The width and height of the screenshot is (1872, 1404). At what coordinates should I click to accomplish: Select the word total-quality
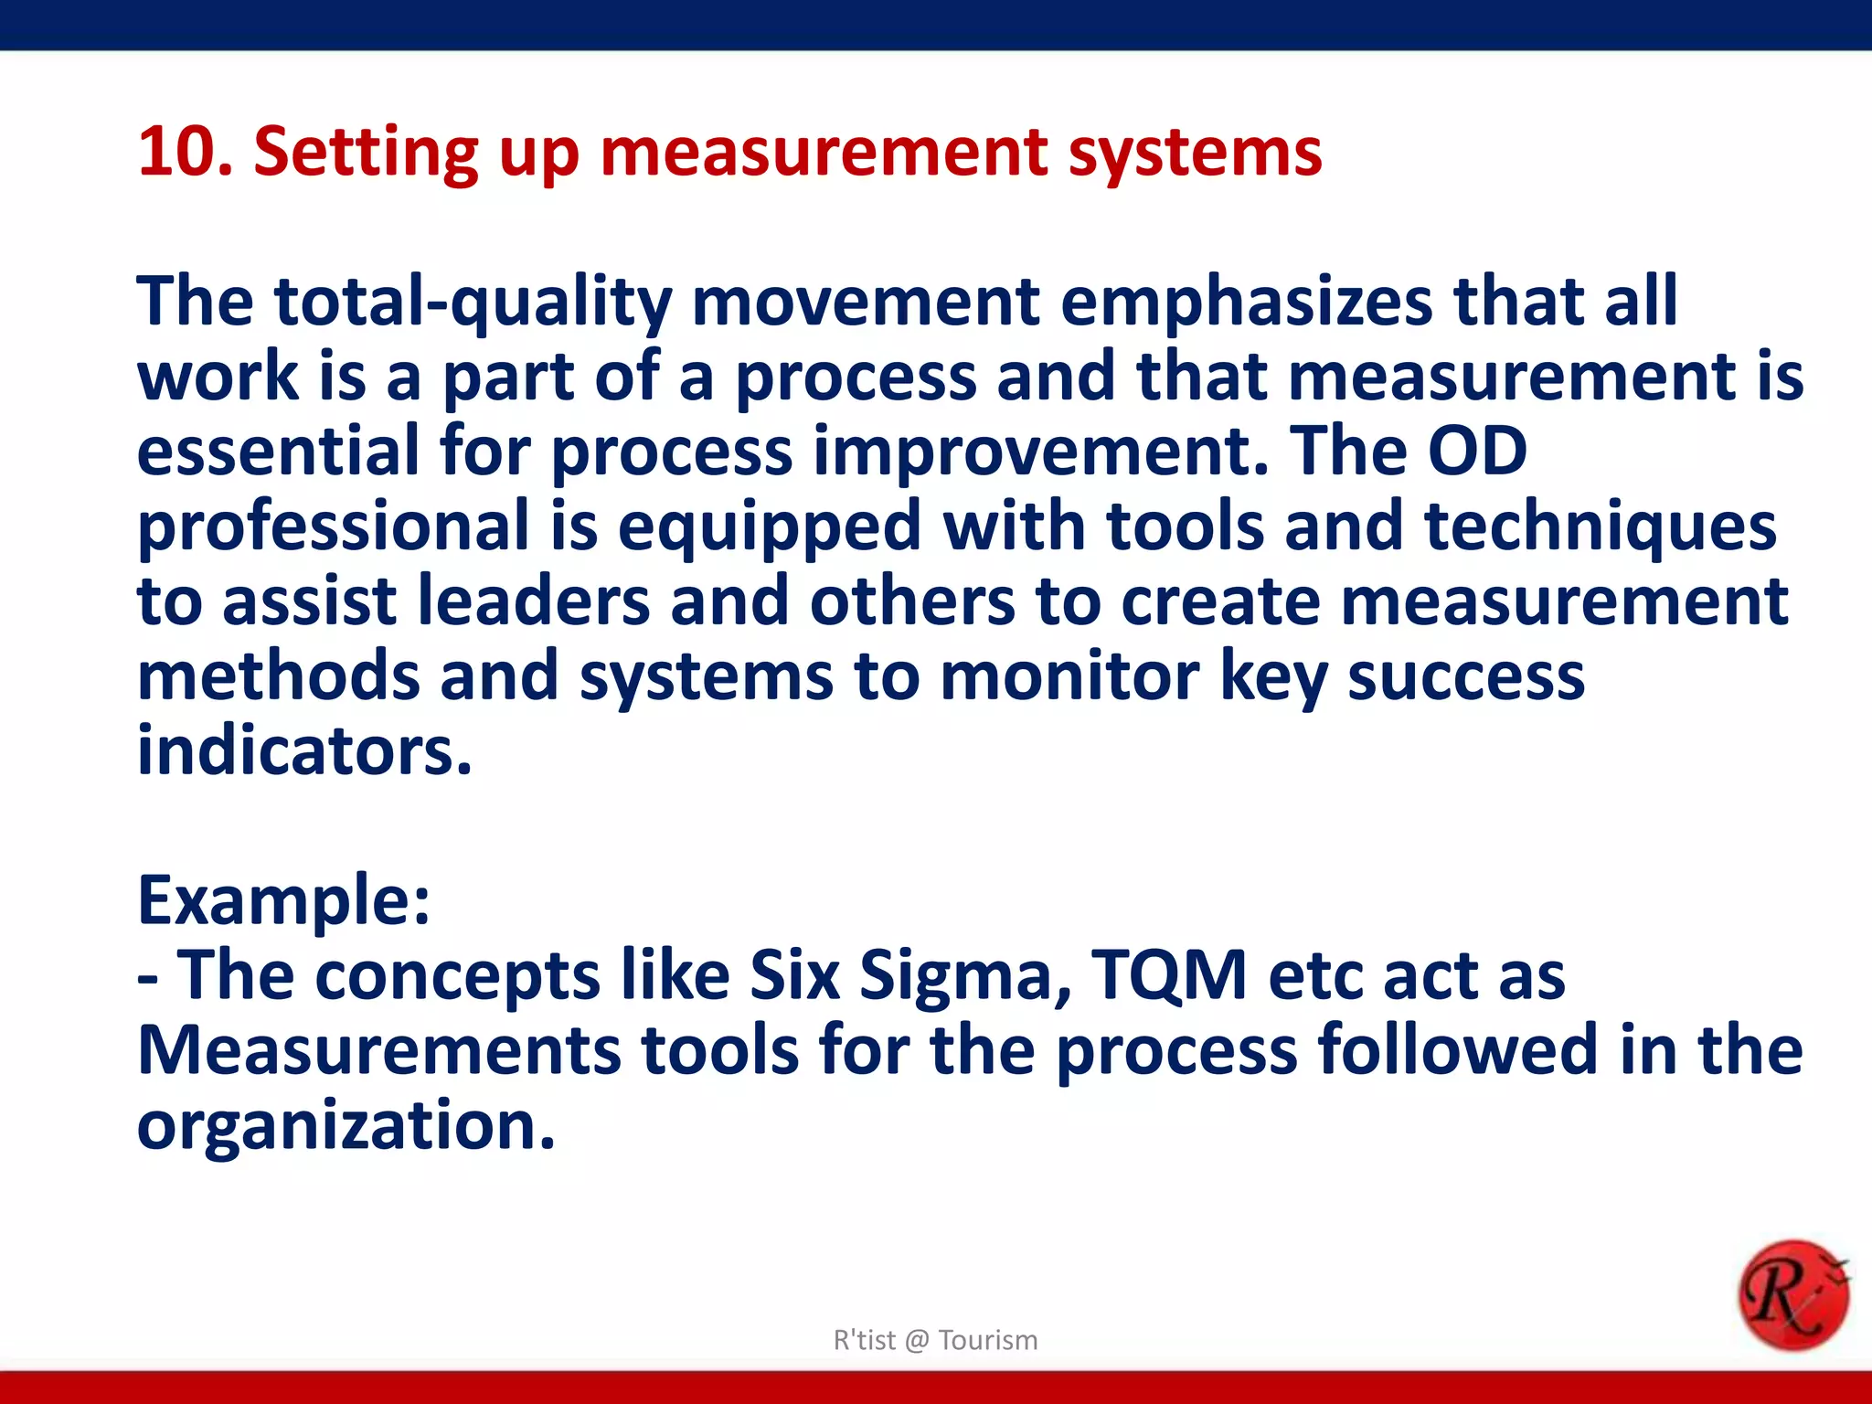click(473, 302)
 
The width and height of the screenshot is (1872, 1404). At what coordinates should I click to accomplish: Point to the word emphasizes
click(1246, 302)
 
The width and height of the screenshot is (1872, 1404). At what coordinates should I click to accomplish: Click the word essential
click(277, 451)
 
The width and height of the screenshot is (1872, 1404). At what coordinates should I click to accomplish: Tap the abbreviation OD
click(1477, 451)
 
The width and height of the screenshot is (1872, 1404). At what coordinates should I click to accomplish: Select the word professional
click(333, 527)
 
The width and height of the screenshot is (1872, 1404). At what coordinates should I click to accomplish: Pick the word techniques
click(1600, 527)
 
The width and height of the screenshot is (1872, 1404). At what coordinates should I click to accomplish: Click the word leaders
click(533, 601)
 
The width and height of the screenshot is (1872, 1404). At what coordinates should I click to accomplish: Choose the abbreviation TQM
click(1169, 975)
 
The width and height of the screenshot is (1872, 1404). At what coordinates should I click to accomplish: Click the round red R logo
click(1792, 1295)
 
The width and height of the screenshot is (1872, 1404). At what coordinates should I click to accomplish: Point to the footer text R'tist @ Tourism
click(935, 1340)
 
